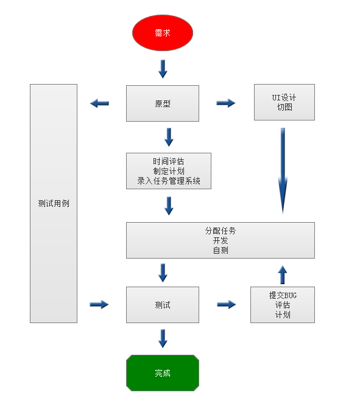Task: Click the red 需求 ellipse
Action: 163,33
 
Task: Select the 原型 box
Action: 163,103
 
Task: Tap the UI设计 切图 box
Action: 284,102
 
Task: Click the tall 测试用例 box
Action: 54,203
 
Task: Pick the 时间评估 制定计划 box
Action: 169,171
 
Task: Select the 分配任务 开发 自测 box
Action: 221,240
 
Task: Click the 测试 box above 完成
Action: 163,305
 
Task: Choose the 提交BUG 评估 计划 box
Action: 283,305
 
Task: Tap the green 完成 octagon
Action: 163,373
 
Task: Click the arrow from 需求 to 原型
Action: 163,69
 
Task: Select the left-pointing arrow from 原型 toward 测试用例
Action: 100,103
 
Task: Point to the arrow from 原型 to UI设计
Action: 226,103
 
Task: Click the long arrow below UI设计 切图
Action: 283,171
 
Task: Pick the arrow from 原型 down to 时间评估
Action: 169,137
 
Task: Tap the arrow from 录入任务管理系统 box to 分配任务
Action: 169,206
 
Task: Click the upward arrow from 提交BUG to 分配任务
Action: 283,274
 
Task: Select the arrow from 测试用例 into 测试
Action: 99,304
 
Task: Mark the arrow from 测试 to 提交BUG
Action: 226,304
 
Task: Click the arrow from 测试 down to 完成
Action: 163,338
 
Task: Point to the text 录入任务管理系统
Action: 169,181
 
